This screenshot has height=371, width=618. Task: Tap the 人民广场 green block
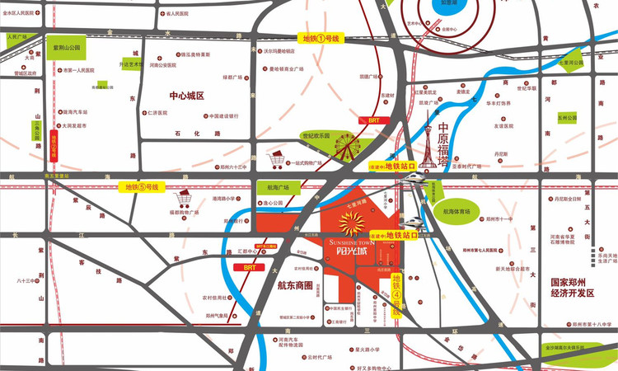[16, 37]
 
